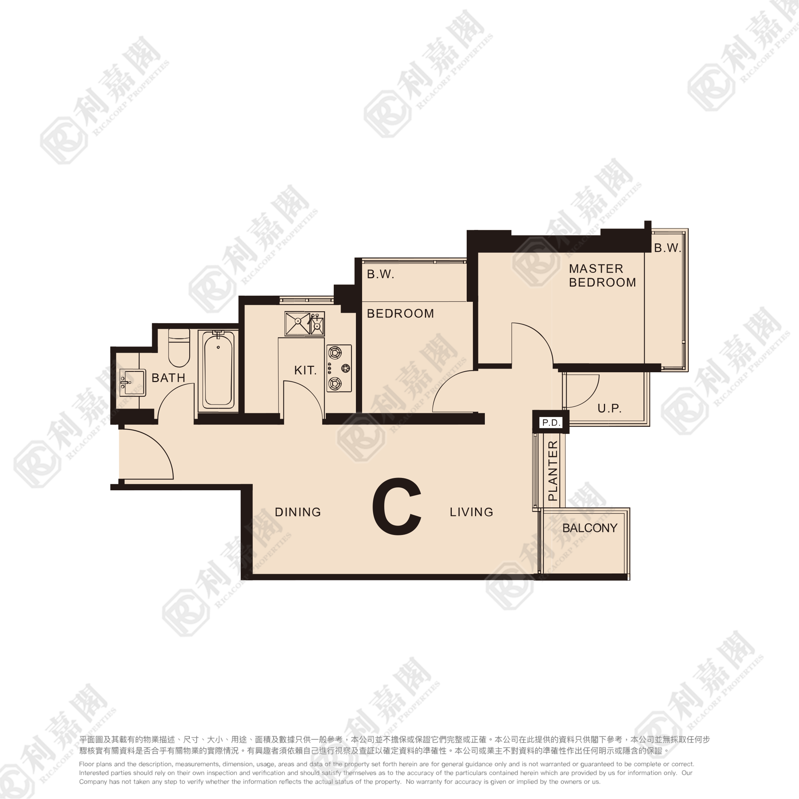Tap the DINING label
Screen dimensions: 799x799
coord(298,512)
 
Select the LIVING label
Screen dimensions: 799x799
coord(471,512)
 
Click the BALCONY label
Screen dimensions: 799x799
coord(590,528)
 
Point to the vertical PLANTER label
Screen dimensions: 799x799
coord(553,471)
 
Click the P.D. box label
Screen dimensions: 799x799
coord(551,423)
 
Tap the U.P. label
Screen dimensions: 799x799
coord(609,409)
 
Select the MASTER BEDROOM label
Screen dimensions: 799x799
coord(602,275)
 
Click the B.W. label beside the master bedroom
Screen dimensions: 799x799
coord(667,248)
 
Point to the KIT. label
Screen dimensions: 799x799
coord(305,370)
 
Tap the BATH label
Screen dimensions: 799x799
coord(168,378)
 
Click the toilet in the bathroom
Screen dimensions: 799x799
coord(179,348)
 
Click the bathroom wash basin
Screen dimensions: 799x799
coord(132,382)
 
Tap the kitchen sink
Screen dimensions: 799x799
coord(304,323)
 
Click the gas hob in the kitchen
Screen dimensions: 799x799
coord(339,368)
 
